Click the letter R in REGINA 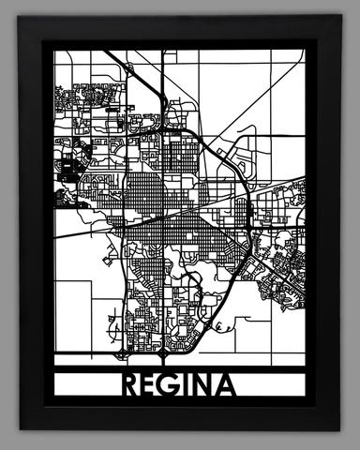(x=131, y=384)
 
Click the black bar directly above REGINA (x=181, y=367)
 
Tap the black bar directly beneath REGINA (x=181, y=402)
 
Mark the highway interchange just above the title (x=164, y=355)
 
